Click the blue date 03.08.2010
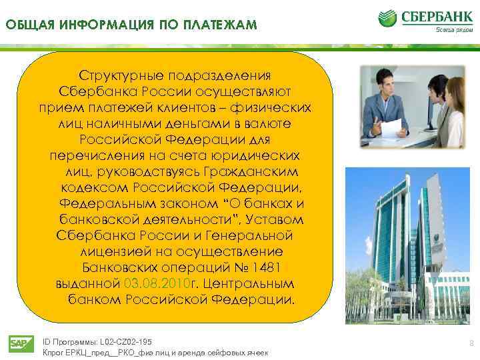pyautogui.click(x=157, y=283)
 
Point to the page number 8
pyautogui.click(x=471, y=344)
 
